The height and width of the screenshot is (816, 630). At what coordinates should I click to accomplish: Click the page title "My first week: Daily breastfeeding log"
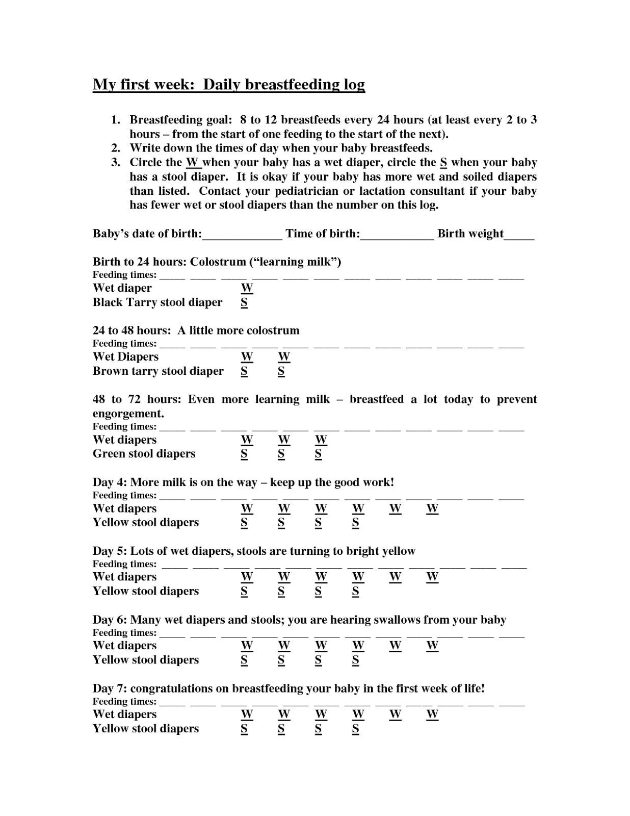(x=228, y=84)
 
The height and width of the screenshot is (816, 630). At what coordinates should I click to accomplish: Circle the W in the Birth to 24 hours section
(x=247, y=288)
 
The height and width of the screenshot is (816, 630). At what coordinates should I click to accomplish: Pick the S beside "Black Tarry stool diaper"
(x=244, y=302)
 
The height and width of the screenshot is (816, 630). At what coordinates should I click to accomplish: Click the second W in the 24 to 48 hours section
(x=284, y=357)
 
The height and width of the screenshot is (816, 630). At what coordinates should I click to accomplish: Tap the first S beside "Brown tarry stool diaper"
(x=244, y=371)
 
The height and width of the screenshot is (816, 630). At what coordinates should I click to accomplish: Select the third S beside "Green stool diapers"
(x=318, y=454)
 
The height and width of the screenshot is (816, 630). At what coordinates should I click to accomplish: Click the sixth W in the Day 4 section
(x=432, y=508)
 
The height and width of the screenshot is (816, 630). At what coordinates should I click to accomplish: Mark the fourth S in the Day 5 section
(x=355, y=592)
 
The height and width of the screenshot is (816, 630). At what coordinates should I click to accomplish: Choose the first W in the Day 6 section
(x=247, y=646)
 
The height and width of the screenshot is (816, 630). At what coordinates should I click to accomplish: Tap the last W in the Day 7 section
(x=432, y=715)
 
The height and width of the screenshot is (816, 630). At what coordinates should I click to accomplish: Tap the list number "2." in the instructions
(x=116, y=148)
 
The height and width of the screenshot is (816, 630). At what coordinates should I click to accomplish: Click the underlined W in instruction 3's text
(x=192, y=163)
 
